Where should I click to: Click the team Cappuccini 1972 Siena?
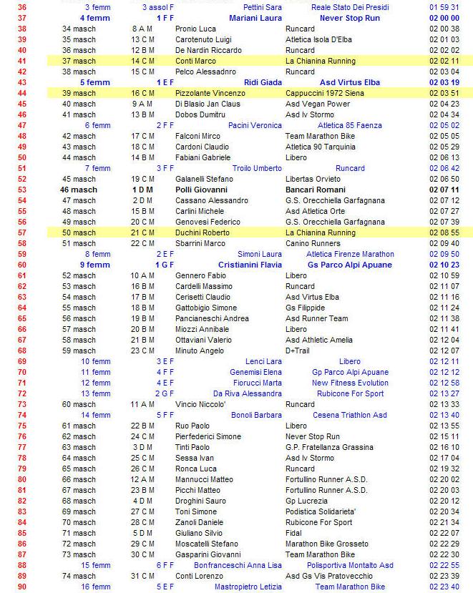click(321, 93)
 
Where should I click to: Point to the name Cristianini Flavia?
click(246, 265)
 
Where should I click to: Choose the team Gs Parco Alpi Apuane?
click(349, 265)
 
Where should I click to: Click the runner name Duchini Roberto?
click(203, 232)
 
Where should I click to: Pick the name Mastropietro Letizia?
click(248, 587)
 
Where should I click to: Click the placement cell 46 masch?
click(79, 190)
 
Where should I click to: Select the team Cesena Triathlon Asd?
click(349, 415)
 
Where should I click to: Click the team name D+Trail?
click(298, 351)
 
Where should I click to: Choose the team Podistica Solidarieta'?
click(321, 511)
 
